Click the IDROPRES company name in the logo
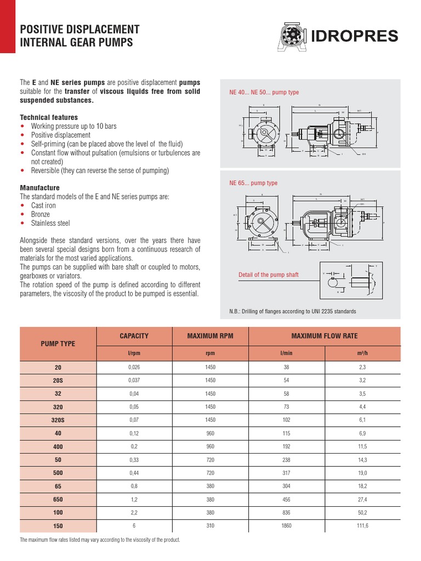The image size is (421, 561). (x=362, y=36)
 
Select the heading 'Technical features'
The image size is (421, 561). (x=49, y=117)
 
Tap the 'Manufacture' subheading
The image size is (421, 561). (x=39, y=187)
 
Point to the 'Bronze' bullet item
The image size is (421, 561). (x=40, y=214)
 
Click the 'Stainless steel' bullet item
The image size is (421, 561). (x=50, y=223)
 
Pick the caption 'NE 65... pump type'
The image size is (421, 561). (x=253, y=183)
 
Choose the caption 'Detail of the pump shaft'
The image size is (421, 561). (x=268, y=274)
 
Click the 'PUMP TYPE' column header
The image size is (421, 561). (x=58, y=344)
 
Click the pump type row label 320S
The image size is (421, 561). (x=58, y=419)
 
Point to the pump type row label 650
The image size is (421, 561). (x=58, y=499)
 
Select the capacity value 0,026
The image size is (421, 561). (x=134, y=367)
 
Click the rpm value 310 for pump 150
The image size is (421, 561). (x=210, y=525)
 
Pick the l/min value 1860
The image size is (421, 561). (x=287, y=525)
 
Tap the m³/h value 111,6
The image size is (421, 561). (x=363, y=525)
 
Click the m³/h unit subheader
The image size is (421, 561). (x=363, y=353)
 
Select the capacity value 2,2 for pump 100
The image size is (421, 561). (x=134, y=512)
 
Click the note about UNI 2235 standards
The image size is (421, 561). (x=292, y=311)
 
